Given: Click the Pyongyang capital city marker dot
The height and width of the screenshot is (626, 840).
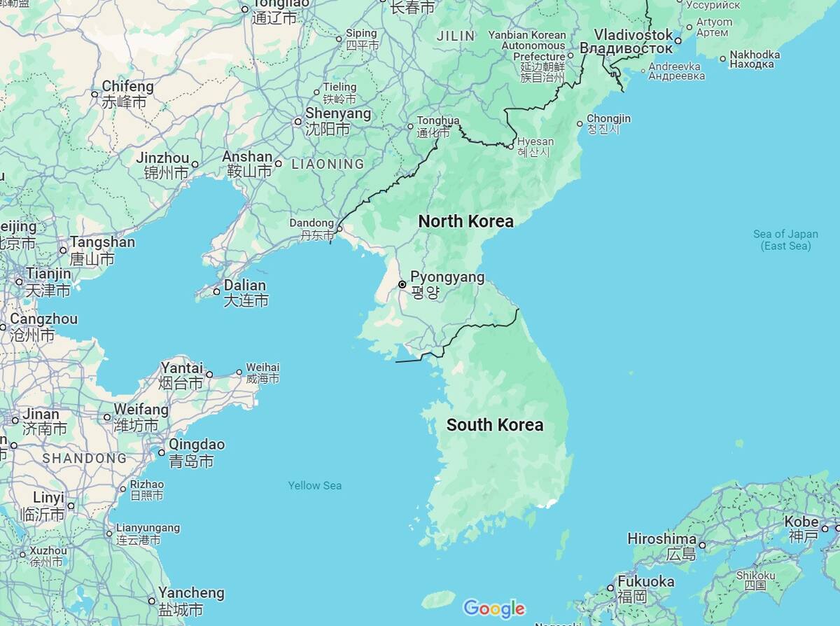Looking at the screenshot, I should pos(402,284).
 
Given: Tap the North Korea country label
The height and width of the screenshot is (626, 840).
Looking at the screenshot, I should pos(465,221).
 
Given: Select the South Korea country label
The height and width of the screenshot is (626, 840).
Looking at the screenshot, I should pos(495,424).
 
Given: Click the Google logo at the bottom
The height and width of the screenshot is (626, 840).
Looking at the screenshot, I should pos(493,608).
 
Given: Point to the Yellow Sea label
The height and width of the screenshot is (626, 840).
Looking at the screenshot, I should pos(315,485).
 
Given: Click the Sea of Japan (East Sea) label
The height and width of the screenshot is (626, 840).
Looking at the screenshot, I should pos(785,239).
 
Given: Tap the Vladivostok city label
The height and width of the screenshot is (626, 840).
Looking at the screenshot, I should pos(633,35).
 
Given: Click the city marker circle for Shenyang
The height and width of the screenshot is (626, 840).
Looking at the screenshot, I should pos(297,122).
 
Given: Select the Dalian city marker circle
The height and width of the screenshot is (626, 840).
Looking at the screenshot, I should pos(217,291).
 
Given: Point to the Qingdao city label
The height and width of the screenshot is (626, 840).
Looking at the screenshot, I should pos(197,445).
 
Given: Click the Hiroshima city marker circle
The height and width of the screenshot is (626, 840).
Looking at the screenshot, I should pos(702,545).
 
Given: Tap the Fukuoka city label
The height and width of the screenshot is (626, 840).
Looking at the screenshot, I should pos(645,582).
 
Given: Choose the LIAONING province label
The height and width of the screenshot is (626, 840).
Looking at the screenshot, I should pos(328,165).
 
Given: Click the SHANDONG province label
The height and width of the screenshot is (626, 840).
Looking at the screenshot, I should pos(85,459).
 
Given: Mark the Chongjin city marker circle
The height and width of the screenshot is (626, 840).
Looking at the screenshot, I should pos(580,124).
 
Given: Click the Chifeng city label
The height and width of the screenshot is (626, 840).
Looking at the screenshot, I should pos(127,86).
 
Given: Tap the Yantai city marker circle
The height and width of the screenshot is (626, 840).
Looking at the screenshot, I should pos(209,374).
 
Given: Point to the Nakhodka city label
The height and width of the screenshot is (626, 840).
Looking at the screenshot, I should pos(755,55).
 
